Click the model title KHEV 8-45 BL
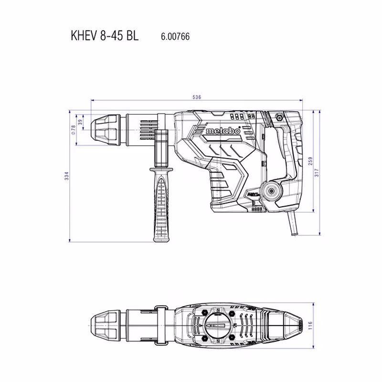point(105,35)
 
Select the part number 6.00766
point(175,37)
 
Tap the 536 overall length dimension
point(197,97)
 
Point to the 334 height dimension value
point(67,176)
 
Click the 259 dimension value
point(310,161)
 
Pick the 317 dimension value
point(316,172)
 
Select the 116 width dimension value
point(310,326)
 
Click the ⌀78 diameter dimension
point(73,130)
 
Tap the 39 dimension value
point(80,122)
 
